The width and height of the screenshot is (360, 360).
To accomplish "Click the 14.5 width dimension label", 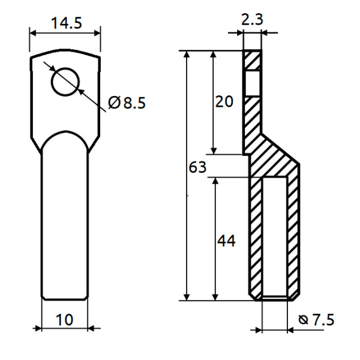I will click(x=67, y=24).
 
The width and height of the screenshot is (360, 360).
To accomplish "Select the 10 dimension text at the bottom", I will click(x=64, y=319).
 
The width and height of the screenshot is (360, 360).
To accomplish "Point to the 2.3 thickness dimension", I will click(x=252, y=19).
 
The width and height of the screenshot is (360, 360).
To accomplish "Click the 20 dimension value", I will click(x=224, y=101).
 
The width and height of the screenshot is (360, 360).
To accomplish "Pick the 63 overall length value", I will click(x=197, y=167).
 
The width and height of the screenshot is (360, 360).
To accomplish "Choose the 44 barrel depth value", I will click(x=226, y=241).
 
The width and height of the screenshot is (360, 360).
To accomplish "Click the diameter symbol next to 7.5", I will click(x=302, y=320).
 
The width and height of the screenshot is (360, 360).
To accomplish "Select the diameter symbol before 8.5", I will click(x=115, y=103).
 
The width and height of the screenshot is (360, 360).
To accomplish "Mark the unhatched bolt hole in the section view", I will click(x=253, y=82).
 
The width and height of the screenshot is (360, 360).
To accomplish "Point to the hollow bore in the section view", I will click(x=275, y=237).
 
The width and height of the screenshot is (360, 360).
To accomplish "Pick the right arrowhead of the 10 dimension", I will click(x=91, y=328).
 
